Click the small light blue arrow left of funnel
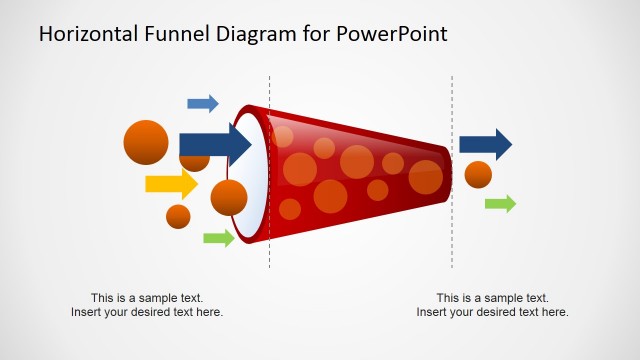click(203, 103)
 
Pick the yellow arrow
click(172, 184)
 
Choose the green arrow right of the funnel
click(500, 204)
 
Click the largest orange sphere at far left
click(146, 143)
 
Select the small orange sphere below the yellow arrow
click(178, 216)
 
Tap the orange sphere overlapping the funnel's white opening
click(229, 198)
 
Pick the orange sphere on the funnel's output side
click(478, 174)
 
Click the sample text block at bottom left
click(147, 305)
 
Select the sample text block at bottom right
click(492, 305)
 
